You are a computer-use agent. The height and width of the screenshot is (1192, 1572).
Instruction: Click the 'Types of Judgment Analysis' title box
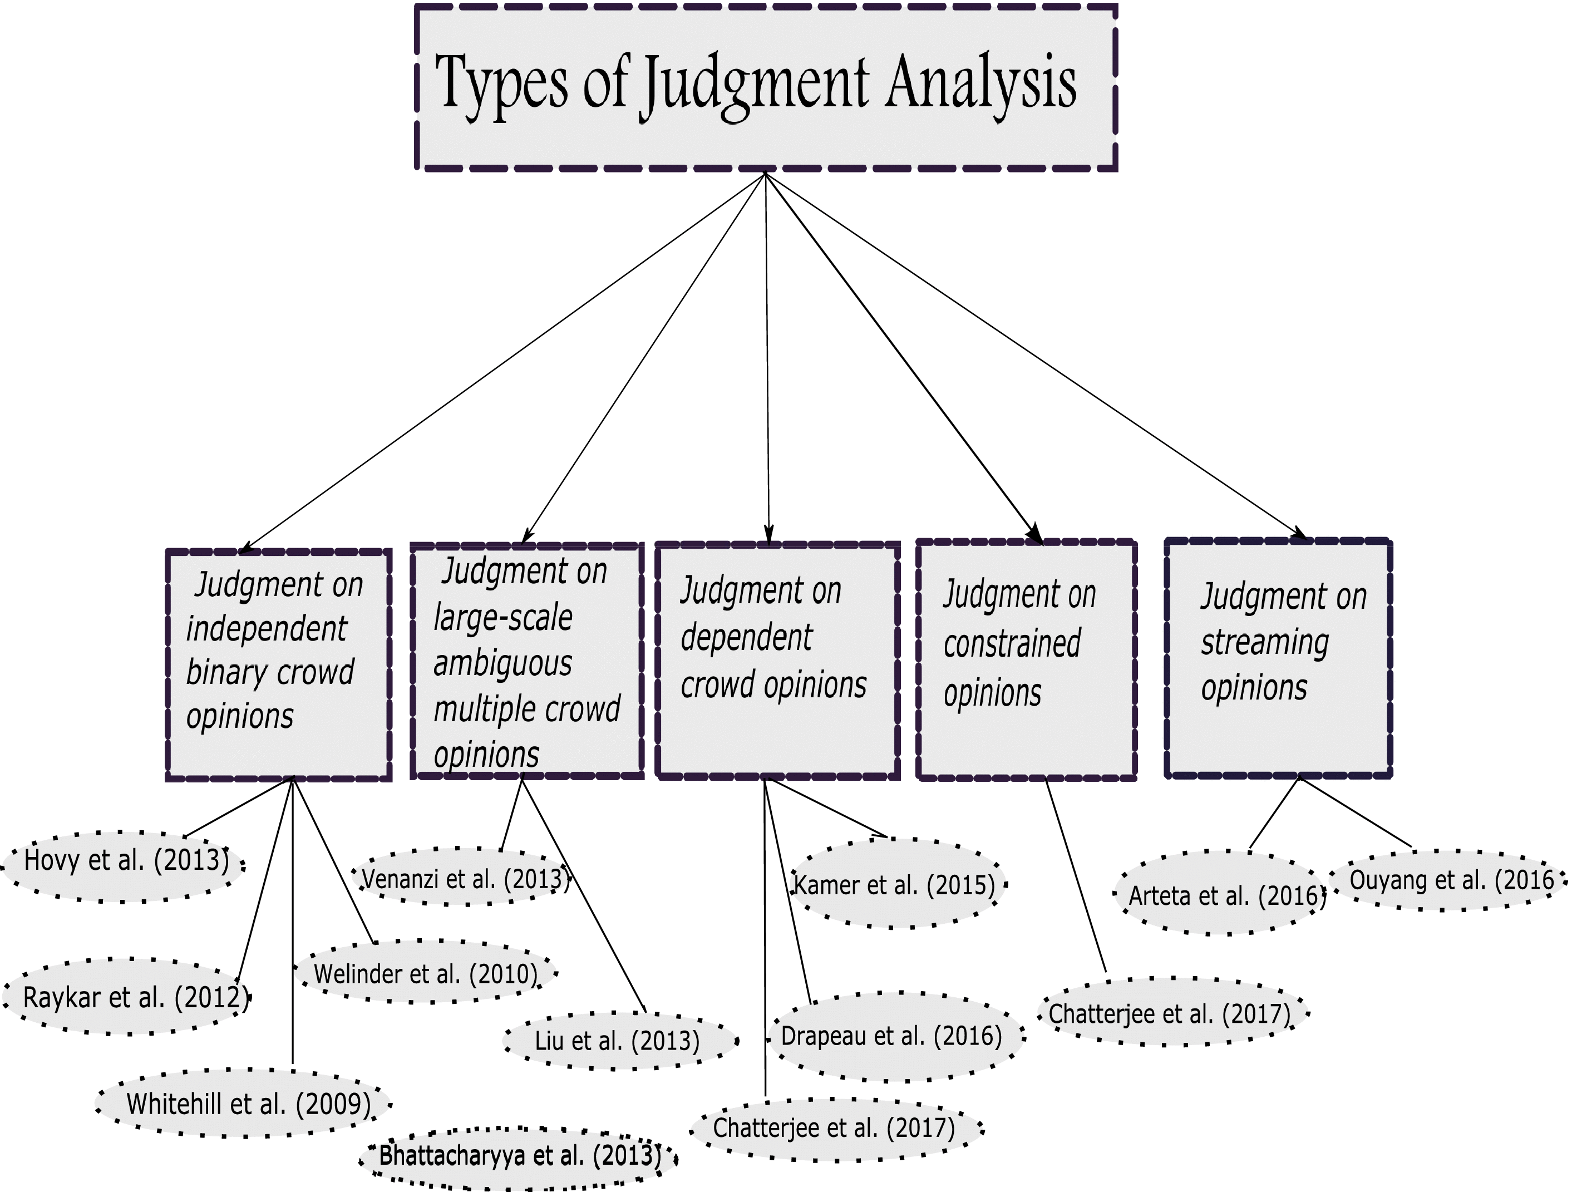pyautogui.click(x=765, y=87)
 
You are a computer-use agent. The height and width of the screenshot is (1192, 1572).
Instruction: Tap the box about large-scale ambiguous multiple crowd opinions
pyautogui.click(x=526, y=661)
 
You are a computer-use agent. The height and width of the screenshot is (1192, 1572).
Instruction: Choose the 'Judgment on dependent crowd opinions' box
pyautogui.click(x=777, y=661)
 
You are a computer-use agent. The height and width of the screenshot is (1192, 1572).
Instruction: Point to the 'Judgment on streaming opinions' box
pyautogui.click(x=1278, y=657)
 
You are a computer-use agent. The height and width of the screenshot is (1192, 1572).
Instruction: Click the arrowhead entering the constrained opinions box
pyautogui.click(x=1036, y=535)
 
